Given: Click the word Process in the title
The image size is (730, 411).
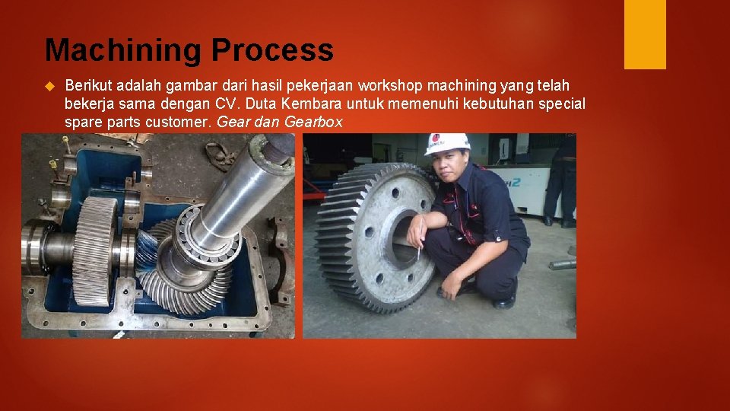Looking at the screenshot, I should (272, 51).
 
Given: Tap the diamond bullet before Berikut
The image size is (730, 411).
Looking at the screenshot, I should (51, 85).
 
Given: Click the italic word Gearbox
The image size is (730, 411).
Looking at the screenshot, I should (313, 122).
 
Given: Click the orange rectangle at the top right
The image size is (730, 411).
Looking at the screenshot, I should (645, 34).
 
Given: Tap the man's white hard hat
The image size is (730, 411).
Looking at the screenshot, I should (446, 143).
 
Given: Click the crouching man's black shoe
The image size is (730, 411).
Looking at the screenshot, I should (503, 301).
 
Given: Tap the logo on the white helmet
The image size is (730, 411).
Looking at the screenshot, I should (436, 140).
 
